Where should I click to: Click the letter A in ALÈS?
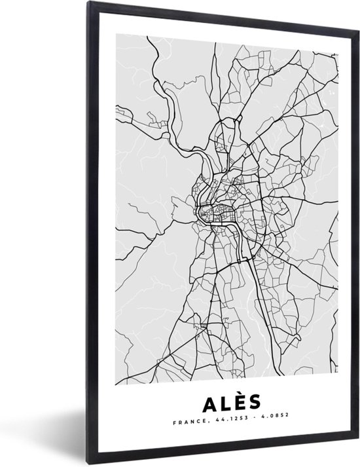pyautogui.click(x=200, y=401)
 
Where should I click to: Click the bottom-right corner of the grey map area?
pyautogui.click(x=338, y=384)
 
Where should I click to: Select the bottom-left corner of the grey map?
pyautogui.click(x=116, y=384)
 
